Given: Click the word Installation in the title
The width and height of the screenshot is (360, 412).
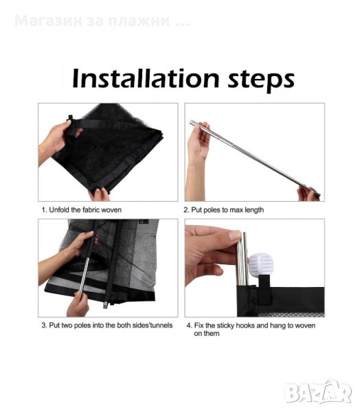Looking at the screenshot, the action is (146, 78).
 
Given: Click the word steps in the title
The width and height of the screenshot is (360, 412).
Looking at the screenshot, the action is (261, 80).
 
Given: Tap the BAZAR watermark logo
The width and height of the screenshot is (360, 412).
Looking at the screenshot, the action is (318, 393).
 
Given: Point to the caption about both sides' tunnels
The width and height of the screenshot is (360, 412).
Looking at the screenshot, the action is (107, 325).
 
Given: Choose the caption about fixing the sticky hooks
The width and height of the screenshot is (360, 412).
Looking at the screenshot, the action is (251, 329).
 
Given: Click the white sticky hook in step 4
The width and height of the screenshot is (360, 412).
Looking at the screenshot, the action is (261, 264).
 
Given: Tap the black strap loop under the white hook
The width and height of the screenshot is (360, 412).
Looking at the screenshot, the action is (265, 289).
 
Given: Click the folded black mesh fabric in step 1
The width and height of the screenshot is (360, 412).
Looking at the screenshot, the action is (111, 147).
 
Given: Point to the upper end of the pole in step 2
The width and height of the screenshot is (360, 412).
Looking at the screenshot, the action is (192, 122).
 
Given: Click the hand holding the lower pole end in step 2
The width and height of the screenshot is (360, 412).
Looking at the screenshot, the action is (308, 194).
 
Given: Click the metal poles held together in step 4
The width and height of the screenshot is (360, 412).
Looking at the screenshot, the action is (243, 259).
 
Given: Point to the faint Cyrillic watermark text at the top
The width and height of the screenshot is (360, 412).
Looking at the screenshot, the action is (102, 21).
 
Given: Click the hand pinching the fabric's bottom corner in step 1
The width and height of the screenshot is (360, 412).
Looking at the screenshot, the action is (100, 195).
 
